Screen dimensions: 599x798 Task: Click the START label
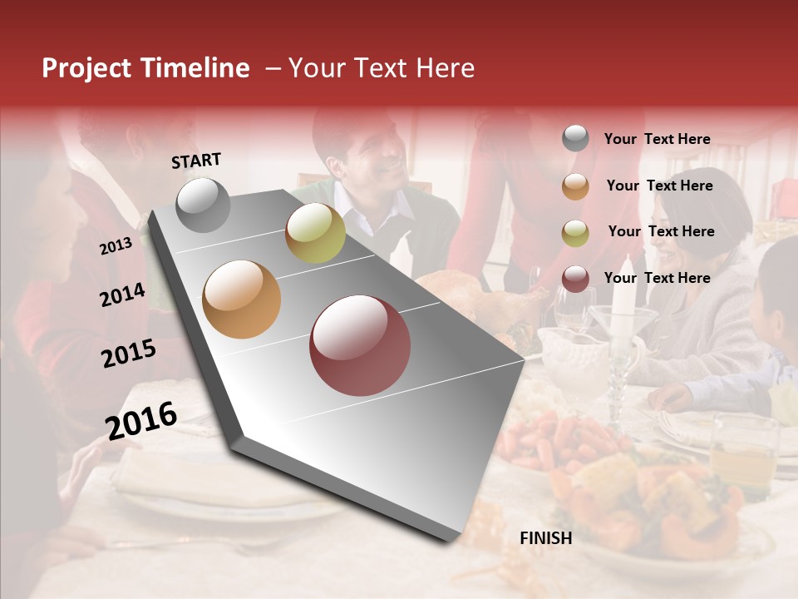[196, 161]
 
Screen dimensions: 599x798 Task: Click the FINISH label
[546, 538]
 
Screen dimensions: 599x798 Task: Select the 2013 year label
[116, 246]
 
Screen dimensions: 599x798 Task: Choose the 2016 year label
[141, 421]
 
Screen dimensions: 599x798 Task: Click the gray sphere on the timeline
[204, 205]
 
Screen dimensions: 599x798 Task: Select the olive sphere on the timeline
[315, 233]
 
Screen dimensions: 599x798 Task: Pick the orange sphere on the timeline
[242, 299]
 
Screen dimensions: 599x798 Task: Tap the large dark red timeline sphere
[360, 345]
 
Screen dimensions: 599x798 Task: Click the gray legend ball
[575, 139]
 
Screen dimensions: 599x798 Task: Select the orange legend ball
[575, 186]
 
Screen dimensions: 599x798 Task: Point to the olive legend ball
[575, 232]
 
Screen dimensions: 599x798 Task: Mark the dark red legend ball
[575, 279]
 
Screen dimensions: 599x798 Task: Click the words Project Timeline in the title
[145, 68]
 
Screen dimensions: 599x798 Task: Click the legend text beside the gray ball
[657, 139]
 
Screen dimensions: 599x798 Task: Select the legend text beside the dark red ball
[657, 278]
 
